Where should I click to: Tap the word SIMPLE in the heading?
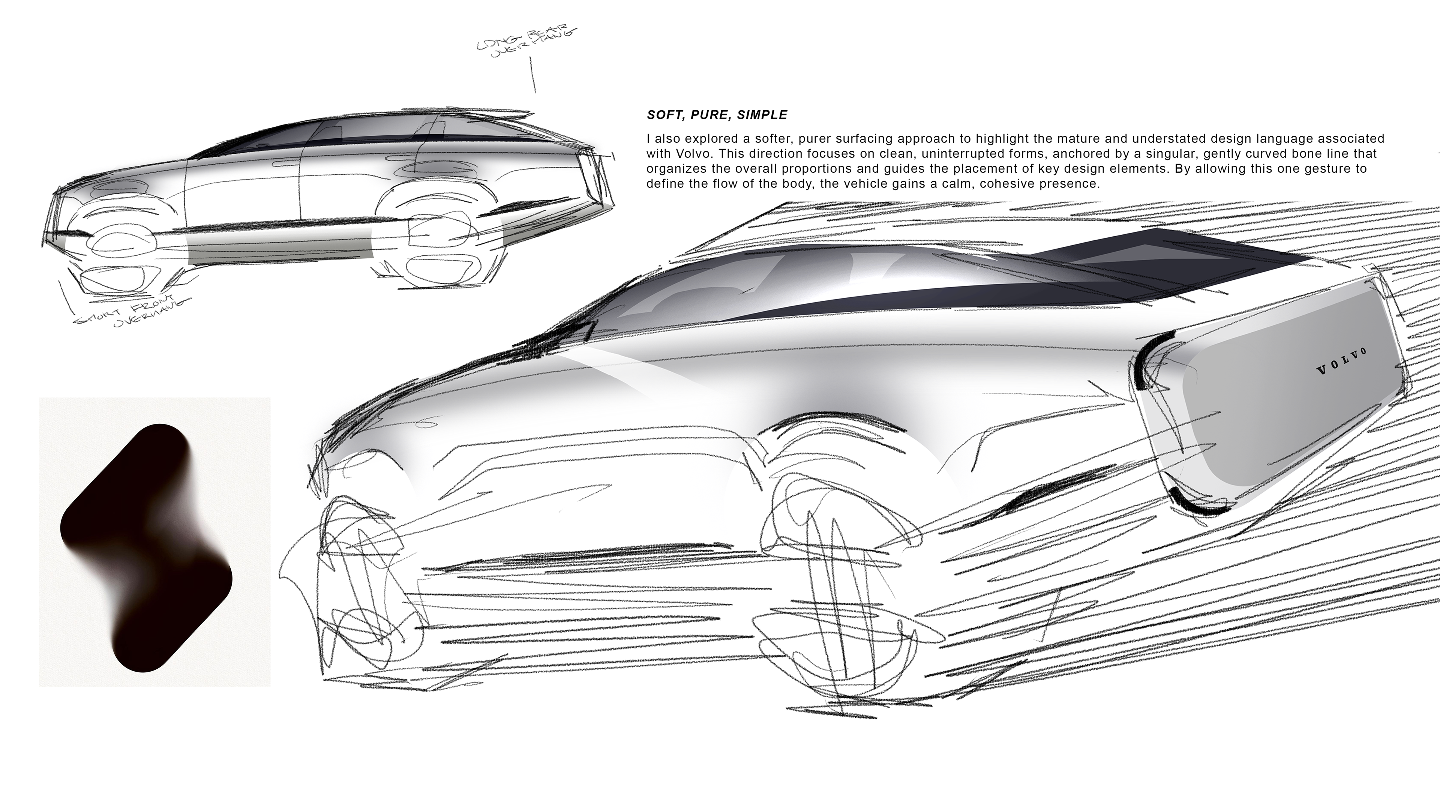click(762, 115)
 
